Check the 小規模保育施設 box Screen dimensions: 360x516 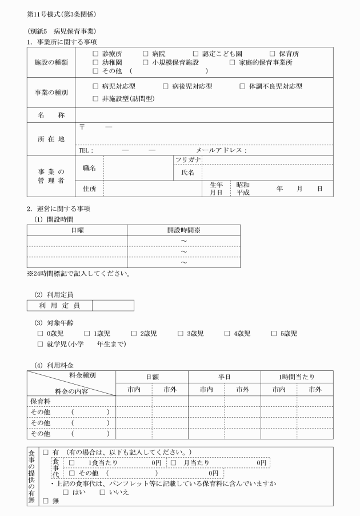point(146,62)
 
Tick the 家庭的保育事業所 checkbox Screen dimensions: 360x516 point(233,62)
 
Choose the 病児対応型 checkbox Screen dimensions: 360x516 point(95,87)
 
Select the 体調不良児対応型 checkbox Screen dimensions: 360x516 point(243,87)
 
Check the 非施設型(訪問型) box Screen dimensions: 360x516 point(95,99)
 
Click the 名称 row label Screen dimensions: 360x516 point(51,115)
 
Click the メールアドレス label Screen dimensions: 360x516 point(221,151)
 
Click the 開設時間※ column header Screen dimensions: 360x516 point(183,230)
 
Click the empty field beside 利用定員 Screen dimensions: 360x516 point(113,306)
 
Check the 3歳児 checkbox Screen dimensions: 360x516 point(181,334)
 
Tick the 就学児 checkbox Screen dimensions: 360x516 point(41,344)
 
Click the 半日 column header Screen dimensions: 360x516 point(223,377)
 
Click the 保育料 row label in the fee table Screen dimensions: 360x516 point(41,401)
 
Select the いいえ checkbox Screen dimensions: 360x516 point(103,492)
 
